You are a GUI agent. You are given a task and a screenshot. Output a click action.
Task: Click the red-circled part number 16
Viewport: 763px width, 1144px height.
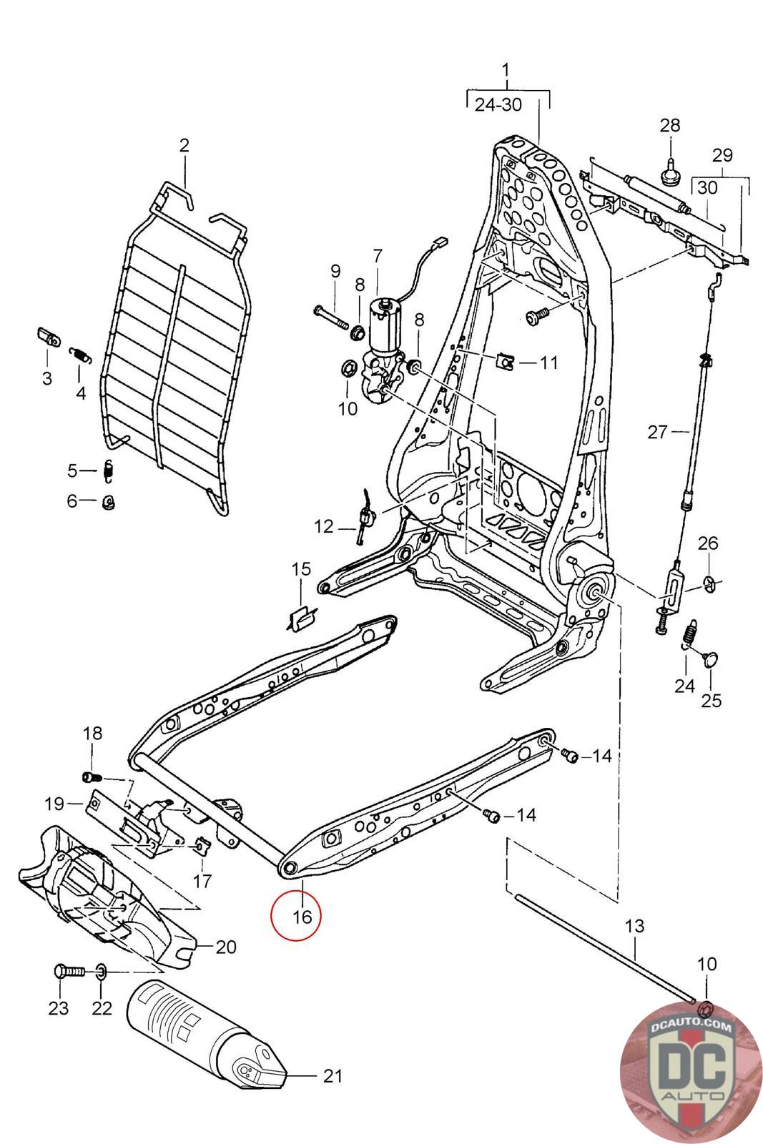pyautogui.click(x=302, y=917)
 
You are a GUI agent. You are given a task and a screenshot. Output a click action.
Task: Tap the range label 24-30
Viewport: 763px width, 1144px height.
pyautogui.click(x=498, y=104)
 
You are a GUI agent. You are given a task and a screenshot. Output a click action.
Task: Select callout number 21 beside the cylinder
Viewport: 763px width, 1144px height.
pyautogui.click(x=333, y=1076)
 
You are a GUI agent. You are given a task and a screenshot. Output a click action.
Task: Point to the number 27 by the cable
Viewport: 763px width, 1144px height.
pyautogui.click(x=657, y=432)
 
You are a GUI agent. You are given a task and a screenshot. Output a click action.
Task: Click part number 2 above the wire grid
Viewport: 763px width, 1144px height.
pyautogui.click(x=184, y=145)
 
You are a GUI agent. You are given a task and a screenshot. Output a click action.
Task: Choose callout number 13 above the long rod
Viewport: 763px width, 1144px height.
pyautogui.click(x=635, y=926)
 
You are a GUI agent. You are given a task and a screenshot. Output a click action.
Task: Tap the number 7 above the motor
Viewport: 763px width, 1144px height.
pyautogui.click(x=378, y=256)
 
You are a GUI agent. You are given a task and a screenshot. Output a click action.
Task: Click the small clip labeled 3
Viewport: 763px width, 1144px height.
pyautogui.click(x=49, y=337)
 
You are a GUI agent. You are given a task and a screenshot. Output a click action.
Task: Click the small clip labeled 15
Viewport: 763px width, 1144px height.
pyautogui.click(x=301, y=618)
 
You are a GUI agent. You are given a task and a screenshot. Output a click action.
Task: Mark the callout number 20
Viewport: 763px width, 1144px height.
pyautogui.click(x=226, y=947)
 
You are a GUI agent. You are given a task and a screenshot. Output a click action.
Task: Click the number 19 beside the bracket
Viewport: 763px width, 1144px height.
pyautogui.click(x=54, y=804)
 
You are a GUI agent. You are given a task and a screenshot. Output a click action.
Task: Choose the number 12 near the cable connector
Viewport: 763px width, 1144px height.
pyautogui.click(x=323, y=526)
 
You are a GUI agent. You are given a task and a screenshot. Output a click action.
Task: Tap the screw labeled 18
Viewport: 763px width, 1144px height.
pyautogui.click(x=92, y=777)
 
